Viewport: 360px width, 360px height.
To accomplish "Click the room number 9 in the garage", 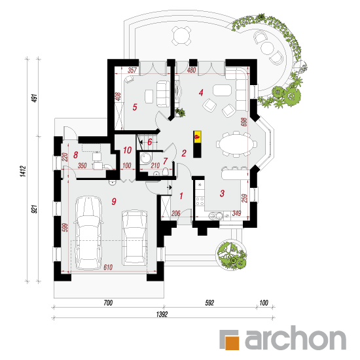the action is (x=114, y=202).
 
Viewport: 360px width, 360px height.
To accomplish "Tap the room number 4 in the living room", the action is (x=201, y=92).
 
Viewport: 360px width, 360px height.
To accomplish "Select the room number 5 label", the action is (x=135, y=107).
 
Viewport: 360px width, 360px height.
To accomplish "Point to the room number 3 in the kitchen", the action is (x=222, y=193).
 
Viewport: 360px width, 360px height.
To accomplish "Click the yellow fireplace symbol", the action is (x=197, y=137).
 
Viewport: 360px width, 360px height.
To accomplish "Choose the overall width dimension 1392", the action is (x=162, y=314).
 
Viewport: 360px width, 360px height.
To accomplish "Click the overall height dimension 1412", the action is (x=24, y=171).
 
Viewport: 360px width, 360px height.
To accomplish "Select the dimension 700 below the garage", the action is (x=108, y=303).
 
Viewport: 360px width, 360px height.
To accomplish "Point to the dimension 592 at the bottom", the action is (x=209, y=303).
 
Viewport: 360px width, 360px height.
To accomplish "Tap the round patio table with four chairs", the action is (x=181, y=35).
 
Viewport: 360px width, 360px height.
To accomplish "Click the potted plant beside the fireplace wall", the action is (x=180, y=113).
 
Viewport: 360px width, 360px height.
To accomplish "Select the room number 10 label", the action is (x=127, y=150).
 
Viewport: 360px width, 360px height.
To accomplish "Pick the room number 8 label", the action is (x=75, y=155).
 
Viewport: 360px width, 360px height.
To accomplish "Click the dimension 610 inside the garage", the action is (x=108, y=267).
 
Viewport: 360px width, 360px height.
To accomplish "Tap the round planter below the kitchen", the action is (x=232, y=255).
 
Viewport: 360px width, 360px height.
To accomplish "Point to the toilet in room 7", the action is (x=165, y=171).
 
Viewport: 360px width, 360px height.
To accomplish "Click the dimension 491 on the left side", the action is (x=35, y=98).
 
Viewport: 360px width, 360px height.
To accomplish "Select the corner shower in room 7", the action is (x=145, y=158).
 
